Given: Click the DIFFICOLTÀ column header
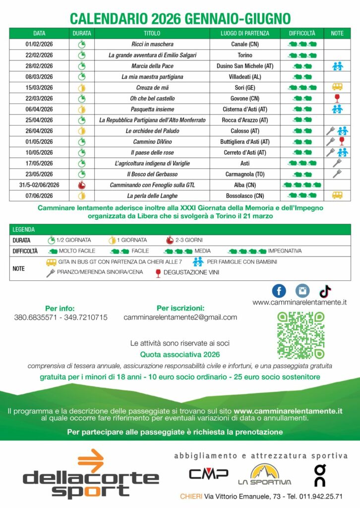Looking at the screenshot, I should coord(302,33).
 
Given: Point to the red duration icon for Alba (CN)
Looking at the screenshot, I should coord(81,185).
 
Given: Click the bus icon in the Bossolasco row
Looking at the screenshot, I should coord(337,195).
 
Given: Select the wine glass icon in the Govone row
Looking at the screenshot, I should coord(337,98).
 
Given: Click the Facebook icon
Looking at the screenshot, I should coord(279,291).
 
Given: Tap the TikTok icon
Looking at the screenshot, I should coord(325,291).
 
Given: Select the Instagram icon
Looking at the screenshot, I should coord(302,291).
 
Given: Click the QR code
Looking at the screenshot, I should coord(300,335).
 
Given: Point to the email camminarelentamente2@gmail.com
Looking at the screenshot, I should coord(180,317).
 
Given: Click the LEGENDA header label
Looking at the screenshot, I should coord(23,230).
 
